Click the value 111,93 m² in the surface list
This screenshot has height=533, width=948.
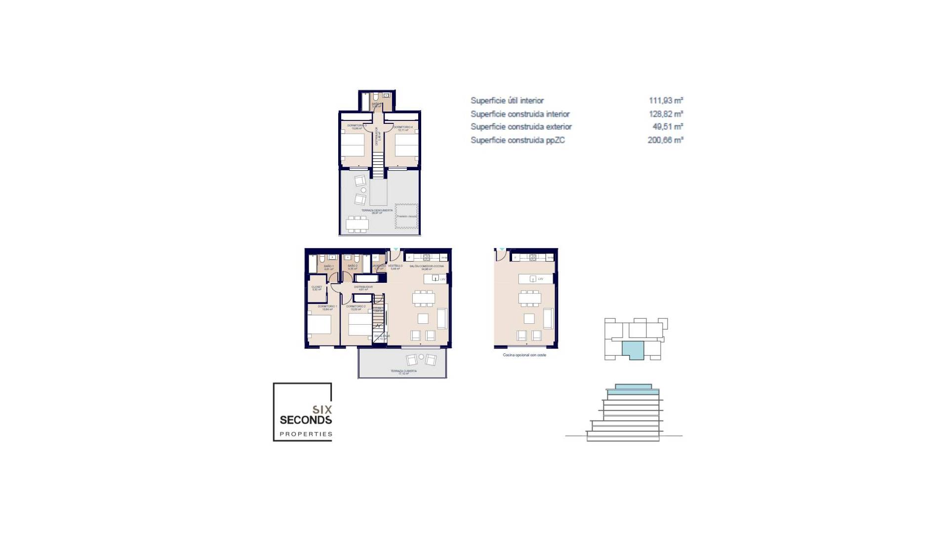[666, 101]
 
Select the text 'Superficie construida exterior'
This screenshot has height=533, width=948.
[521, 127]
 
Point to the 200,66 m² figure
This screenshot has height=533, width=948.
[665, 140]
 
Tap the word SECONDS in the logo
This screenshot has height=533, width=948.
[306, 420]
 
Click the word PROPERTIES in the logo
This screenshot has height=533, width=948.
[306, 434]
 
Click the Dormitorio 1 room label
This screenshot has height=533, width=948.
[327, 306]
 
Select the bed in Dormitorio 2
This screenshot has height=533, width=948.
[360, 326]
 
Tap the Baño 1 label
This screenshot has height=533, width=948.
[328, 266]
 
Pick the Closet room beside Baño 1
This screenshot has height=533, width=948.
[316, 288]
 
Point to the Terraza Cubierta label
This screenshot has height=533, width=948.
[403, 371]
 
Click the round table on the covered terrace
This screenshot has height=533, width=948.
[421, 357]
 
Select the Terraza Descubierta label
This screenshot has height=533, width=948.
[377, 211]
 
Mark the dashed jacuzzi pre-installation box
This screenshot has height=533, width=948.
[406, 216]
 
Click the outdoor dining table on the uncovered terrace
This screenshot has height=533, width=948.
[357, 224]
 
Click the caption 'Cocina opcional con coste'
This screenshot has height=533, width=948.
[524, 355]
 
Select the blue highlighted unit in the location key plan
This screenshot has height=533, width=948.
[633, 350]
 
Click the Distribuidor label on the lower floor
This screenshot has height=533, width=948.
[363, 287]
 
